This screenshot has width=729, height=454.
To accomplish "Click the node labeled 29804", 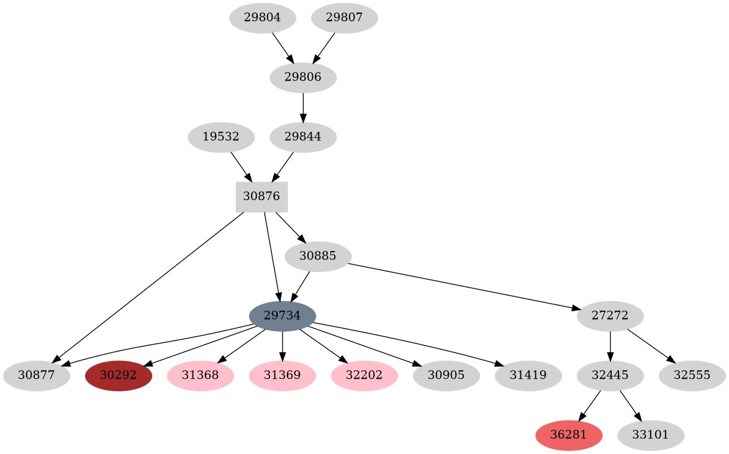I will coord(262,18).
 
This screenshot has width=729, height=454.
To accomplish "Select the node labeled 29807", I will coord(344,18).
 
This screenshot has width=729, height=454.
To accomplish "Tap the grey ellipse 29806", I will coord(303,78).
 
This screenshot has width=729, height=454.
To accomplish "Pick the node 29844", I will coord(303,137).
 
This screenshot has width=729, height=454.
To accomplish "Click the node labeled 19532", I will coord(221,137).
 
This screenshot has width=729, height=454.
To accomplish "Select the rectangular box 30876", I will coord(261,196).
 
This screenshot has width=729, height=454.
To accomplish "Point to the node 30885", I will coord(318,256).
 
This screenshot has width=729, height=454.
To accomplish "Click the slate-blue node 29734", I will coord(283,316).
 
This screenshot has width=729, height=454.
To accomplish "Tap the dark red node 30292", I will coord(118,375).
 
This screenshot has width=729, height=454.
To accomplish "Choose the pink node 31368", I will coord(200,375).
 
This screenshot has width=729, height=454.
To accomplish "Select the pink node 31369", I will coord(282,375).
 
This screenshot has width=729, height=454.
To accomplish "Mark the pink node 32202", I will coord(364,375).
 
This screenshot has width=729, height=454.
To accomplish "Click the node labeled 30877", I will coord(36,375).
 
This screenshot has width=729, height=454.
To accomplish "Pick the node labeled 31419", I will coord(528,375).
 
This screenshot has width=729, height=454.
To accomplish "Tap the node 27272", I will coord(610,316).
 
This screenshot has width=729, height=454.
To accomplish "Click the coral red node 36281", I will coord(569,435).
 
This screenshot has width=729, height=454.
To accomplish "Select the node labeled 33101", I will coord(651,435).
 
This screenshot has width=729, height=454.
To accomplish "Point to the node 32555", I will coord(692,375).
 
